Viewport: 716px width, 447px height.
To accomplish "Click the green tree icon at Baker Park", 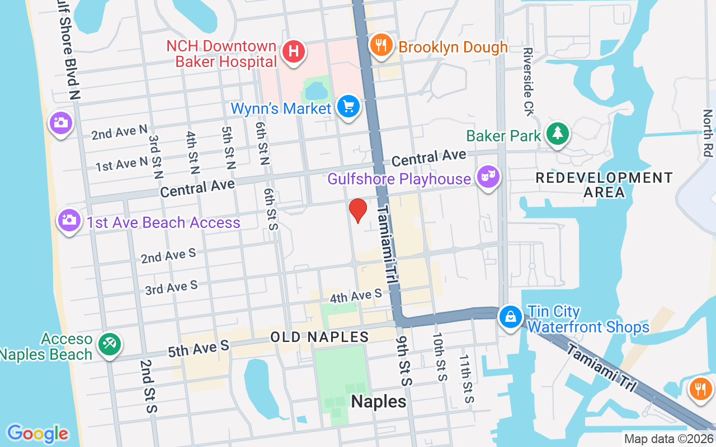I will (557, 134).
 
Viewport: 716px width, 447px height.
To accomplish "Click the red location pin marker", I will (358, 210).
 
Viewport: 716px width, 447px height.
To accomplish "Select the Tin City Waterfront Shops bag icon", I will (511, 317).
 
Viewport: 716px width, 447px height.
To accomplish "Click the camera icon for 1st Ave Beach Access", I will (69, 220).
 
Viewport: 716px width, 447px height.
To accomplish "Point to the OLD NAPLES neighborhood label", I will (319, 337).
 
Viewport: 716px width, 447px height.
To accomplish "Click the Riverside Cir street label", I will (529, 82).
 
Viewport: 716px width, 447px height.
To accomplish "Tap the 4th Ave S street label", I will (355, 296).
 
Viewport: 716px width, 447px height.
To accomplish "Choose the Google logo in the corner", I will (37, 433).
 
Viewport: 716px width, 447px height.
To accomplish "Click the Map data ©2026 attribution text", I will (668, 439).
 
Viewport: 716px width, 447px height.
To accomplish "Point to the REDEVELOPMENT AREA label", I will (604, 185).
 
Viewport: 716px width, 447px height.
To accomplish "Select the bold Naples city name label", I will (379, 401).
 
